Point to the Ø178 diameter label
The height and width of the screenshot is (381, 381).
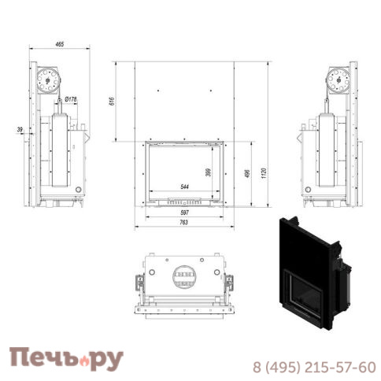pos(70,99)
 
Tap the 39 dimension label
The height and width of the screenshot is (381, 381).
pos(18,130)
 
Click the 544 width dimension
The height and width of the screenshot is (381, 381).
pos(184,187)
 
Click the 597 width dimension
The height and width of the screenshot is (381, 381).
pos(185,213)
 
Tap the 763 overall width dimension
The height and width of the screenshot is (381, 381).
pos(184,224)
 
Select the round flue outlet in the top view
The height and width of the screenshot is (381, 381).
pos(185,276)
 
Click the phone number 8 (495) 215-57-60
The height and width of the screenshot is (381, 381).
pos(313,367)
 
